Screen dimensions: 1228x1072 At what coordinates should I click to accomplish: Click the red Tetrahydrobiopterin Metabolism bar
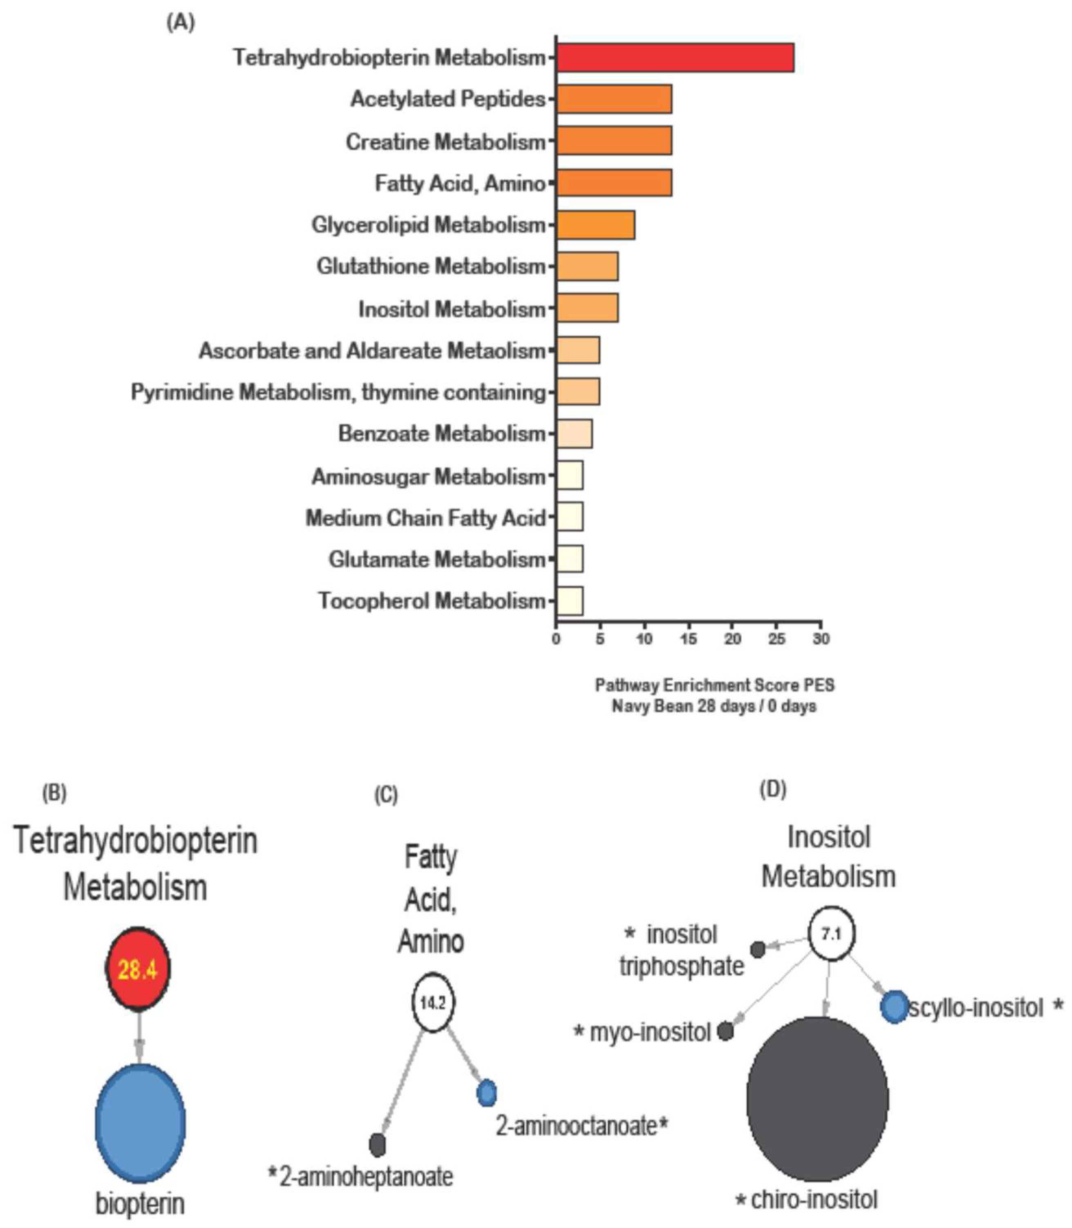point(675,58)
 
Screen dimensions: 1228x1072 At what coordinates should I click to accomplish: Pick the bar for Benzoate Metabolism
point(574,434)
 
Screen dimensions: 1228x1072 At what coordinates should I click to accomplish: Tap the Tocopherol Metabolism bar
point(569,601)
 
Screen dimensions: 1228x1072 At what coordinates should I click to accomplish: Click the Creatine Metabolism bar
point(614,141)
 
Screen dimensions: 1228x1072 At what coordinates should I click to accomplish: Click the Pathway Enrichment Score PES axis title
point(714,685)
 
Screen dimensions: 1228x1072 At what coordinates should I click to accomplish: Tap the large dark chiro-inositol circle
point(817,1099)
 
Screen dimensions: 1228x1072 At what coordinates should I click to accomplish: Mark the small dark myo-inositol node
point(725,1031)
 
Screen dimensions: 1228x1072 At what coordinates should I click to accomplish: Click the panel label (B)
point(54,793)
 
